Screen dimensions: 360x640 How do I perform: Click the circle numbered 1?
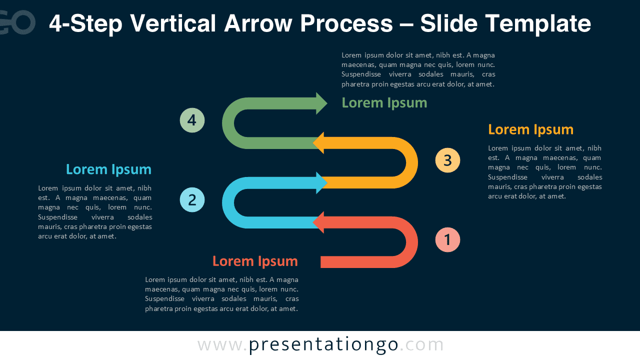coord(447,240)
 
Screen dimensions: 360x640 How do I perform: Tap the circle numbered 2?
coord(192,200)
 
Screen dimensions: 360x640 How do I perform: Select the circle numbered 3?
coord(447,160)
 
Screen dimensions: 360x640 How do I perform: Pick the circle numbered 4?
coord(192,120)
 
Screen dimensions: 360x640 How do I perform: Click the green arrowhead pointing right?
coord(321,103)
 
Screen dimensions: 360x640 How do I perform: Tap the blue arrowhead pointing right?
coord(321,183)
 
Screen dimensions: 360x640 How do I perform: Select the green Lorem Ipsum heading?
coord(384,103)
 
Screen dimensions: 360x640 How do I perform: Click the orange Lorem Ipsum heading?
coord(530,129)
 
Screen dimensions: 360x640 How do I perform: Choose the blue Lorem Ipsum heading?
coord(108,169)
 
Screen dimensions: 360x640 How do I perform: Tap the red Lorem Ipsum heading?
coord(255,261)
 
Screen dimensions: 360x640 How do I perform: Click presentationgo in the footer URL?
coord(323,345)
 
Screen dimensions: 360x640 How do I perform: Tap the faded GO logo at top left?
coord(17,22)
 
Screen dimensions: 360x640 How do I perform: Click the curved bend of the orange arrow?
coord(410,162)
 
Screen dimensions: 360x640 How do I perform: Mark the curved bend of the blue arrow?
coord(230,202)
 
